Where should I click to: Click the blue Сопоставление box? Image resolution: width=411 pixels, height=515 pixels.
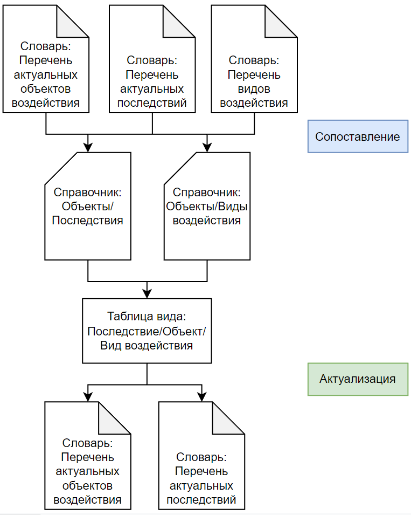click(358, 136)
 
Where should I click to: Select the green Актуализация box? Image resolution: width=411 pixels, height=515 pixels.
click(358, 379)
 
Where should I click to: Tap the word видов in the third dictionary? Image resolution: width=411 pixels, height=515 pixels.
click(254, 88)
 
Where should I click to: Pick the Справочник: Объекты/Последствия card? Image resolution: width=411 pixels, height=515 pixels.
click(87, 206)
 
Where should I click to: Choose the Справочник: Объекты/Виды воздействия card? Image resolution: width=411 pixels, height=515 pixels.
click(207, 206)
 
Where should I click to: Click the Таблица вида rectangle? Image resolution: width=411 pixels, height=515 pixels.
click(147, 331)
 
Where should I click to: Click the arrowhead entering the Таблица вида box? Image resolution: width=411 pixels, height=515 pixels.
click(147, 294)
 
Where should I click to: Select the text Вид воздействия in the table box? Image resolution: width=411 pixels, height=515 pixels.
click(147, 345)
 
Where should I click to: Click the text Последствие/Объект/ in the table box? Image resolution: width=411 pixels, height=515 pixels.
click(147, 331)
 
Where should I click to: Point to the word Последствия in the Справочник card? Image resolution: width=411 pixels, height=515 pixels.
click(87, 220)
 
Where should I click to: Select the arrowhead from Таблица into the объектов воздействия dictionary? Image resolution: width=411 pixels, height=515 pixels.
click(88, 396)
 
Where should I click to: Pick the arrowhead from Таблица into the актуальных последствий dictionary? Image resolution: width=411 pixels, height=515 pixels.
click(202, 396)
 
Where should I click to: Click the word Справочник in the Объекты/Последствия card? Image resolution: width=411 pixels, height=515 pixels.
click(87, 192)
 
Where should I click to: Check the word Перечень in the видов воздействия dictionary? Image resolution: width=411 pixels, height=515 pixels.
click(254, 74)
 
